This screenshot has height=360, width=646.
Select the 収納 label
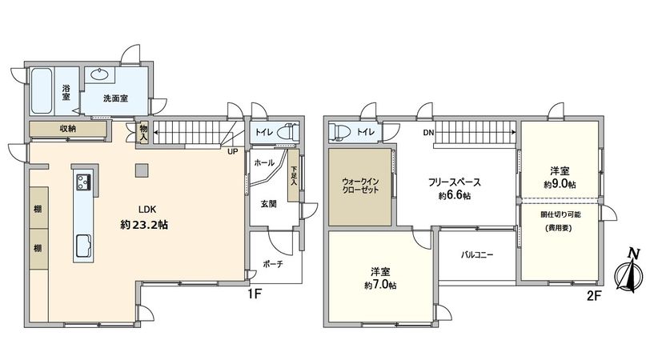(x=68, y=128)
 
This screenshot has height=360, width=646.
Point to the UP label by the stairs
(x=231, y=151)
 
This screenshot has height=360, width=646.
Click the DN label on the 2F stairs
(x=429, y=134)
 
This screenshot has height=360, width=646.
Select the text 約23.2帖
(x=144, y=226)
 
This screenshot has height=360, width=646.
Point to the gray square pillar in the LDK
(x=141, y=169)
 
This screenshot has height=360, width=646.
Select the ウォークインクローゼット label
(x=359, y=186)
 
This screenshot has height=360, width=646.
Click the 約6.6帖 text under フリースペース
(x=454, y=196)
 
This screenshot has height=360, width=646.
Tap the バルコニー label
(x=477, y=255)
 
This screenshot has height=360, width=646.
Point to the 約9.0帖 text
(x=560, y=185)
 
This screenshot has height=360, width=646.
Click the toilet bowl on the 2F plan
(x=339, y=133)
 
